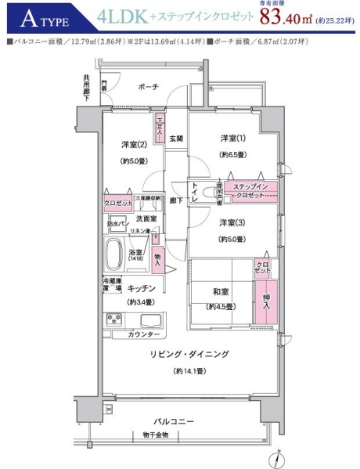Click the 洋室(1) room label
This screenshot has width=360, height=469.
pyautogui.click(x=231, y=139)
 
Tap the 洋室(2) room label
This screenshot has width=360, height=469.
pyautogui.click(x=130, y=144)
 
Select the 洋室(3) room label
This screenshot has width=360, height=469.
pyautogui.click(x=231, y=222)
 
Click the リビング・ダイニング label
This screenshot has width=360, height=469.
pyautogui.click(x=189, y=354)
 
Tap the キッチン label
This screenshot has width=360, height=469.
pyautogui.click(x=142, y=287)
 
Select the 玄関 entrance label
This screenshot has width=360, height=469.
pyautogui.click(x=175, y=139)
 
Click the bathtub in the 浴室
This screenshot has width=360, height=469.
pyautogui.click(x=116, y=254)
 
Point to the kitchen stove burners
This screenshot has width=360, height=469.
pyautogui.click(x=115, y=319)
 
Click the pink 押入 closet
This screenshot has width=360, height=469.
pyautogui.click(x=261, y=300)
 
